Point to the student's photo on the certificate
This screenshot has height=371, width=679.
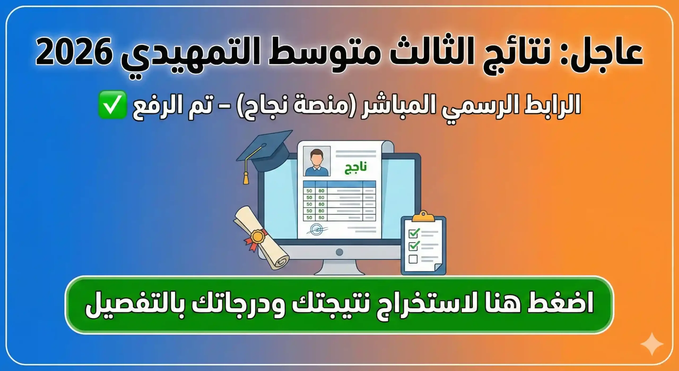click(x=317, y=161)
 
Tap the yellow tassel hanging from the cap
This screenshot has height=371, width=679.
click(x=246, y=177)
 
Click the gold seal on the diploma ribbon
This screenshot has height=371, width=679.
click(x=257, y=236)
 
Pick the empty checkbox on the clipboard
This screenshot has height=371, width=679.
click(x=413, y=259)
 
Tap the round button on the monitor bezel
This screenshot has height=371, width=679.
click(x=339, y=252)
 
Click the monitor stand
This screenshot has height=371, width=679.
click(x=339, y=267)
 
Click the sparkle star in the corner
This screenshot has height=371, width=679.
click(x=652, y=344)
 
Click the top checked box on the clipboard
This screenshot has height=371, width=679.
click(x=414, y=233)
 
